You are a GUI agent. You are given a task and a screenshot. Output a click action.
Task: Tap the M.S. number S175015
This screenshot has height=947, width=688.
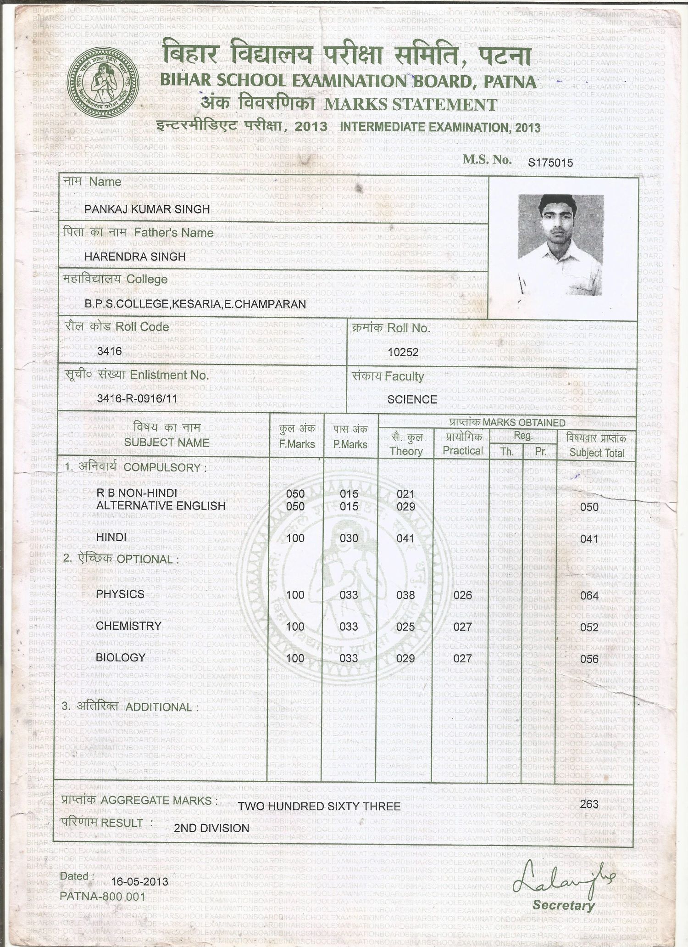click(550, 163)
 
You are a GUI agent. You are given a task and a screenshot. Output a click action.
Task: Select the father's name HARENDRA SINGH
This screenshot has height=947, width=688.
click(135, 257)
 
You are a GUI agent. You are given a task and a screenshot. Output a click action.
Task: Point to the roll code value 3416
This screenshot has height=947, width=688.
click(110, 351)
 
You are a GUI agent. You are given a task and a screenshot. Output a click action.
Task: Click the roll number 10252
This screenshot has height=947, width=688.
click(403, 352)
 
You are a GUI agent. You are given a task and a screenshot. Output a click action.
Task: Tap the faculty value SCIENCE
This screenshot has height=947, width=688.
click(412, 400)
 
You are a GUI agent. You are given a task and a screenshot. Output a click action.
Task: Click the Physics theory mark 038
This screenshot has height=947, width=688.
click(405, 595)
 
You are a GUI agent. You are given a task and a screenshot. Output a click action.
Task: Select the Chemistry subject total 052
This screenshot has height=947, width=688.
click(589, 628)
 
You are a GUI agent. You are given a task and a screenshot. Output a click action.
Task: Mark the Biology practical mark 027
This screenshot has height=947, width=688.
click(462, 658)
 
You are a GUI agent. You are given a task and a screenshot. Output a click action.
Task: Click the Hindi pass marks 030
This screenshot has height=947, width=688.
click(349, 538)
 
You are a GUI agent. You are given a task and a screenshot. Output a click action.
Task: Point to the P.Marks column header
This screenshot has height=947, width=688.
click(350, 444)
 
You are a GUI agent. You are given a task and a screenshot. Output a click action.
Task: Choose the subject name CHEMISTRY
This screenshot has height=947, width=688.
click(128, 626)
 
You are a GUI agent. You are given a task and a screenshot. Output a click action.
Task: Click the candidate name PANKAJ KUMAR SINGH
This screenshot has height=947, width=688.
click(147, 209)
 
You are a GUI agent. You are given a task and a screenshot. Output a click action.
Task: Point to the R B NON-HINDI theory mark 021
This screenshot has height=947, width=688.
click(405, 494)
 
